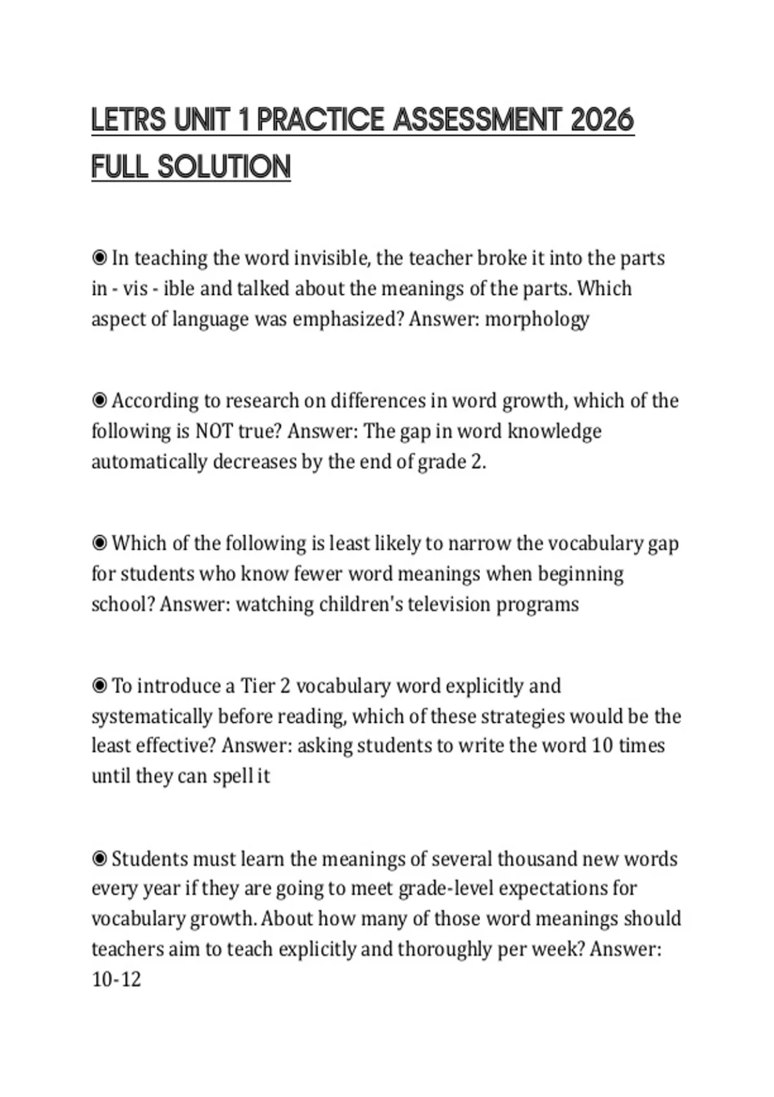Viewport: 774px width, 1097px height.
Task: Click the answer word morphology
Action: point(537,319)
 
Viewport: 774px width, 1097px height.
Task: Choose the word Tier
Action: point(258,685)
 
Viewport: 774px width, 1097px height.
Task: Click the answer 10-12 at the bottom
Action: point(116,980)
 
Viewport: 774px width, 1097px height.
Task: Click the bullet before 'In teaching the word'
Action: point(99,258)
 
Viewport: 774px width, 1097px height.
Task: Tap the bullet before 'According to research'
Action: point(99,401)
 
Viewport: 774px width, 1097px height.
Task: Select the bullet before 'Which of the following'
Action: point(99,543)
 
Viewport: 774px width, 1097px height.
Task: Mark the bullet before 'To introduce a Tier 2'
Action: point(99,685)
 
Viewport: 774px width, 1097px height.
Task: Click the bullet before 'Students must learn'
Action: point(99,859)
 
